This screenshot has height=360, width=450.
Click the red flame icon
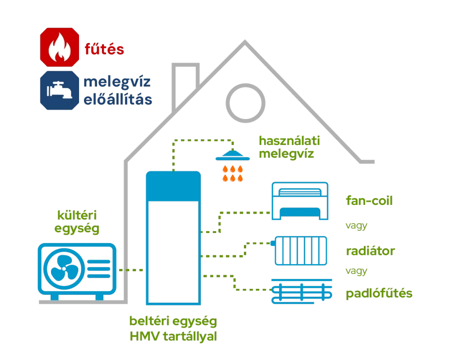tap(59, 47)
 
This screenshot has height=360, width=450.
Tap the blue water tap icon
tap(59, 90)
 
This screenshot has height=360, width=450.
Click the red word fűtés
tap(105, 49)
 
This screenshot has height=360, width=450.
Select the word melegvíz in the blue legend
tap(117, 82)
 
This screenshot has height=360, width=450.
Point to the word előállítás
tap(118, 99)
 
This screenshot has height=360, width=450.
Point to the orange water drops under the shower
tap(232, 173)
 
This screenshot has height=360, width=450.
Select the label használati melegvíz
tap(289, 147)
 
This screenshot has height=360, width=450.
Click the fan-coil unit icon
tap(300, 201)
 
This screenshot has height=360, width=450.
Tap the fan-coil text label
tap(369, 201)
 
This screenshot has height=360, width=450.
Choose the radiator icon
tap(301, 251)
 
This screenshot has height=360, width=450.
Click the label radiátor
tap(370, 251)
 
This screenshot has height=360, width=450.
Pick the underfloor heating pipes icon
tap(301, 291)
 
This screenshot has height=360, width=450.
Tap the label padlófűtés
tap(379, 293)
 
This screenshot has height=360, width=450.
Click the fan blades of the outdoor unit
tap(62, 269)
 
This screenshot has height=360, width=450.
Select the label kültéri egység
tap(77, 222)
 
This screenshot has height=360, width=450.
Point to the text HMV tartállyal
tap(173, 337)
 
